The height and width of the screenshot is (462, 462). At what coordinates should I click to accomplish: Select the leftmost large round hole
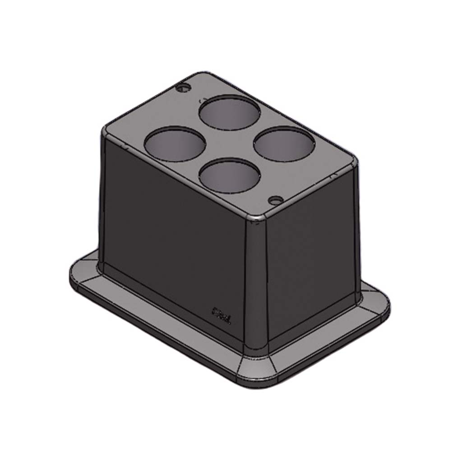tap(175, 144)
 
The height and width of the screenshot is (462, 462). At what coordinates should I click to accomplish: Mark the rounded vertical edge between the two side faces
tap(256, 284)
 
